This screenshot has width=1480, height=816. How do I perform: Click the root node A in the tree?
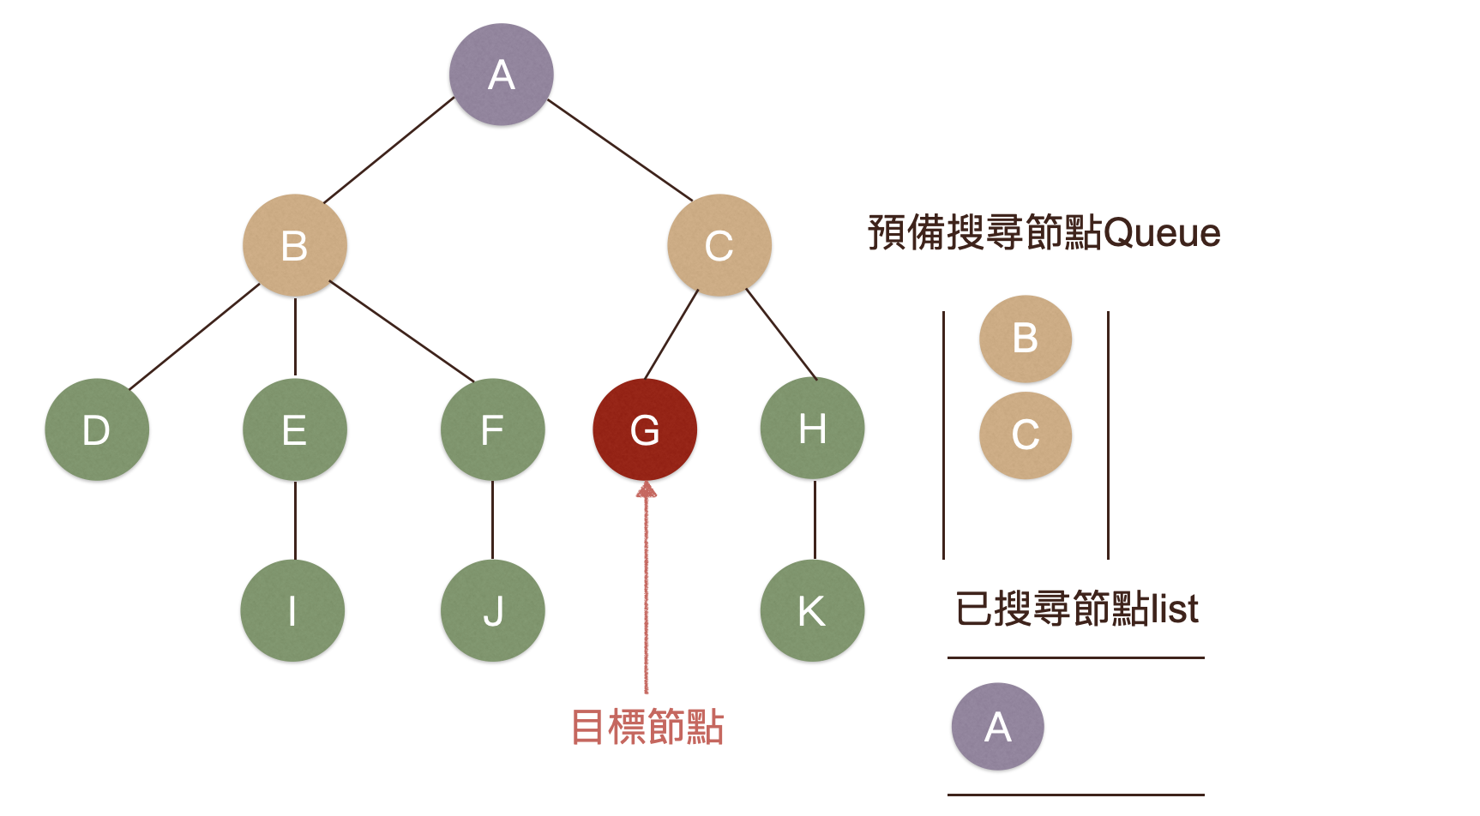coord(502,75)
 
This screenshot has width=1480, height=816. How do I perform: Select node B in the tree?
coord(295,246)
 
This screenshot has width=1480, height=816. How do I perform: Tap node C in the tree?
coord(719,246)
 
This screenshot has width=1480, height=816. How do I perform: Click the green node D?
coord(97,429)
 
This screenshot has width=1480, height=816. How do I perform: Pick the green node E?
coord(295,429)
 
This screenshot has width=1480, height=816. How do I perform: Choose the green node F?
coord(492,429)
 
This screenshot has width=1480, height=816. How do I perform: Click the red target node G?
coord(645,429)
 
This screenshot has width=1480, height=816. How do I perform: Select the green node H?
coord(812,429)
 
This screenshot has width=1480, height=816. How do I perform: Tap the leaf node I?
coord(292,610)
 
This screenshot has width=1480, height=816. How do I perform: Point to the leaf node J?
coord(492,610)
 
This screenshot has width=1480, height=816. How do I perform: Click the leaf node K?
coord(812,610)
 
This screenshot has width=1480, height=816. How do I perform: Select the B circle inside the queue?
coord(1026,339)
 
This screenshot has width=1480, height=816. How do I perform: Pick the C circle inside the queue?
coord(1026,435)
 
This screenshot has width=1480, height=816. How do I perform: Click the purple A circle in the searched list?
coord(997,727)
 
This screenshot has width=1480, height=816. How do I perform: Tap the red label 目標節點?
coord(647,727)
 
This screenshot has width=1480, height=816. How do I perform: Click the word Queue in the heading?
coord(1162,233)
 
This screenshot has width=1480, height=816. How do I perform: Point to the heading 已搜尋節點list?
coord(1076,609)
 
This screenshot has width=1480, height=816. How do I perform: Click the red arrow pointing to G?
coord(647,591)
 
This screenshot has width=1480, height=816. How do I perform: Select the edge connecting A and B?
coord(389,150)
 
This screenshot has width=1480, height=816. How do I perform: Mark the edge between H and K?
coord(815,519)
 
